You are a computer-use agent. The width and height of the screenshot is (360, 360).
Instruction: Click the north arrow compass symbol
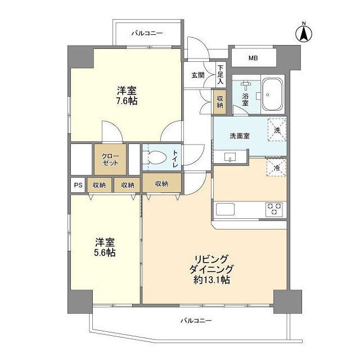(x=303, y=33)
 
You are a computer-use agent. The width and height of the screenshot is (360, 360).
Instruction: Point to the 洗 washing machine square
(x=276, y=129)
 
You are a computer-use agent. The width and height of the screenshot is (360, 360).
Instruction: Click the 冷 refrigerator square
(x=276, y=167)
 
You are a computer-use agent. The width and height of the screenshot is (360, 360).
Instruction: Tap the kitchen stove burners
(x=274, y=209)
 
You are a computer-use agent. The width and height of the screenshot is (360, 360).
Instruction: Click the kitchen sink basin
(x=226, y=210)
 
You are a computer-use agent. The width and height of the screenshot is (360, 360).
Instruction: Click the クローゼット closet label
(x=110, y=159)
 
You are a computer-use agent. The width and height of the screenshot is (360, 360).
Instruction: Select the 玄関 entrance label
(x=197, y=75)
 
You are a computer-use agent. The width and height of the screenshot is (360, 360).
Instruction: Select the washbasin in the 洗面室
(x=229, y=157)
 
